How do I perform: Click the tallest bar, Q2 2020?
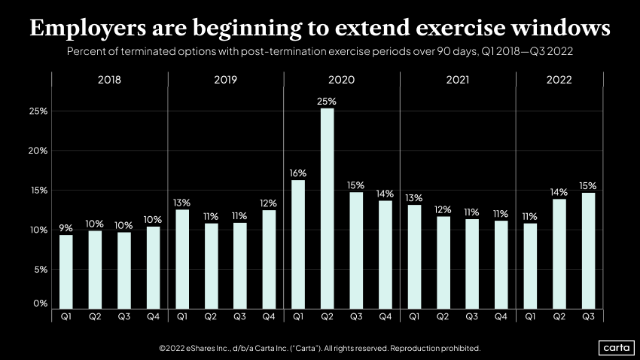[x=327, y=208]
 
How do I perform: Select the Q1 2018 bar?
[x=66, y=271]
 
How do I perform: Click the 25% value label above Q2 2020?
[x=327, y=101]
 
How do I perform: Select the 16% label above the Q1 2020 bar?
[x=298, y=172]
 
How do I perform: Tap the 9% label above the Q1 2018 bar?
[x=66, y=227]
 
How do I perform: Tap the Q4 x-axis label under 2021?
[x=501, y=317]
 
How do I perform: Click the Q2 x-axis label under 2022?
[x=559, y=317]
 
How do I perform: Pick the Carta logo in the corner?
[x=616, y=347]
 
